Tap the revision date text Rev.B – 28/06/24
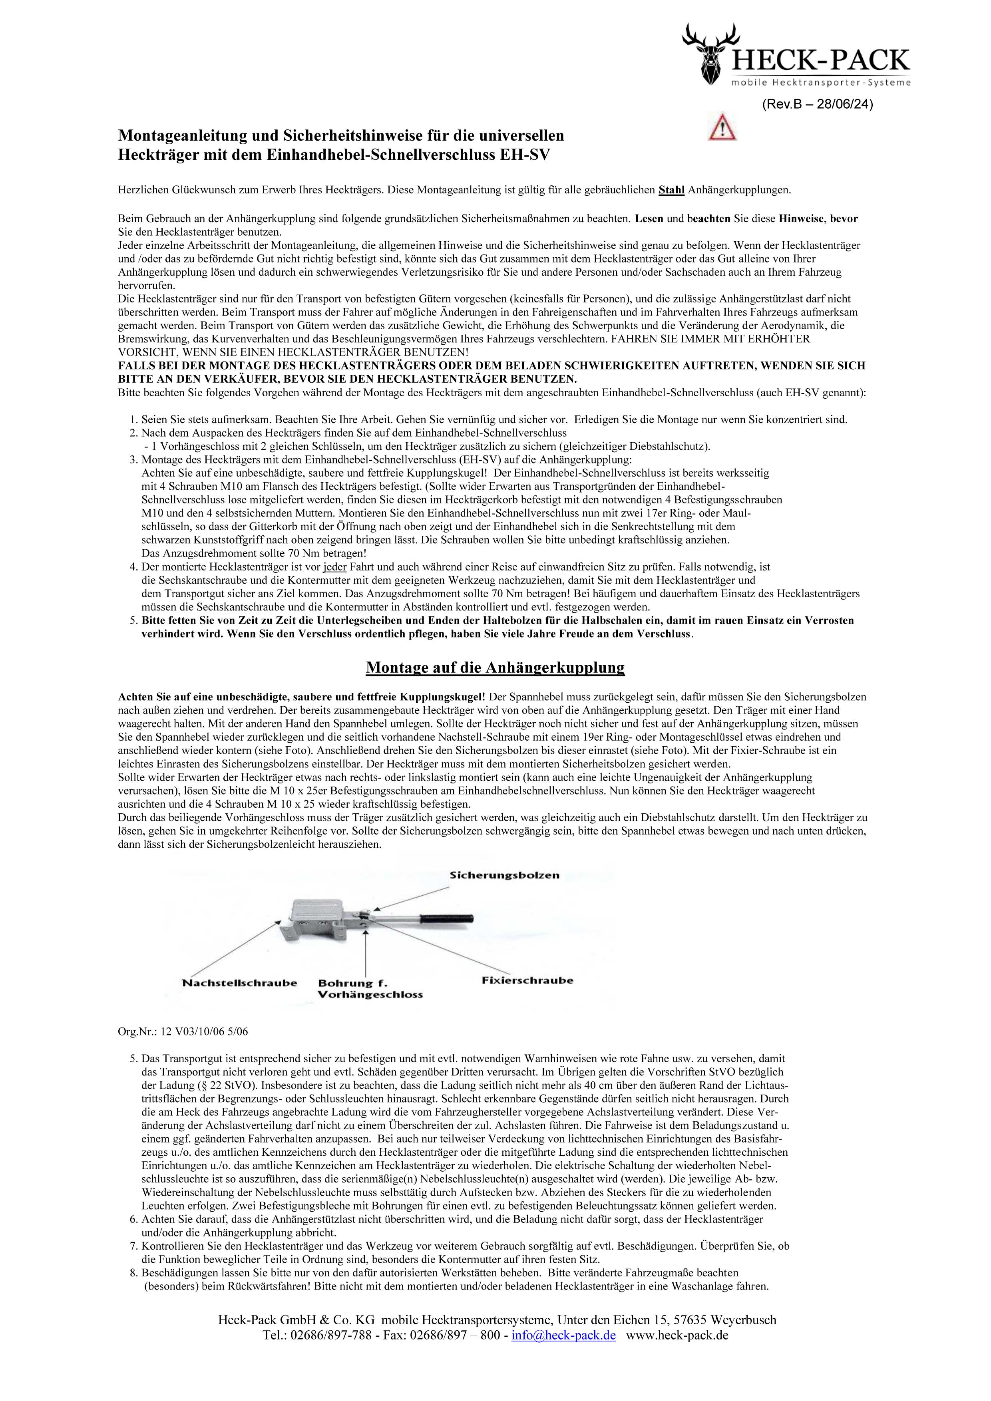tap(817, 104)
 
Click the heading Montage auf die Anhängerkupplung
tap(495, 668)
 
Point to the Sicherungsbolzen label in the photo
tap(504, 875)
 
